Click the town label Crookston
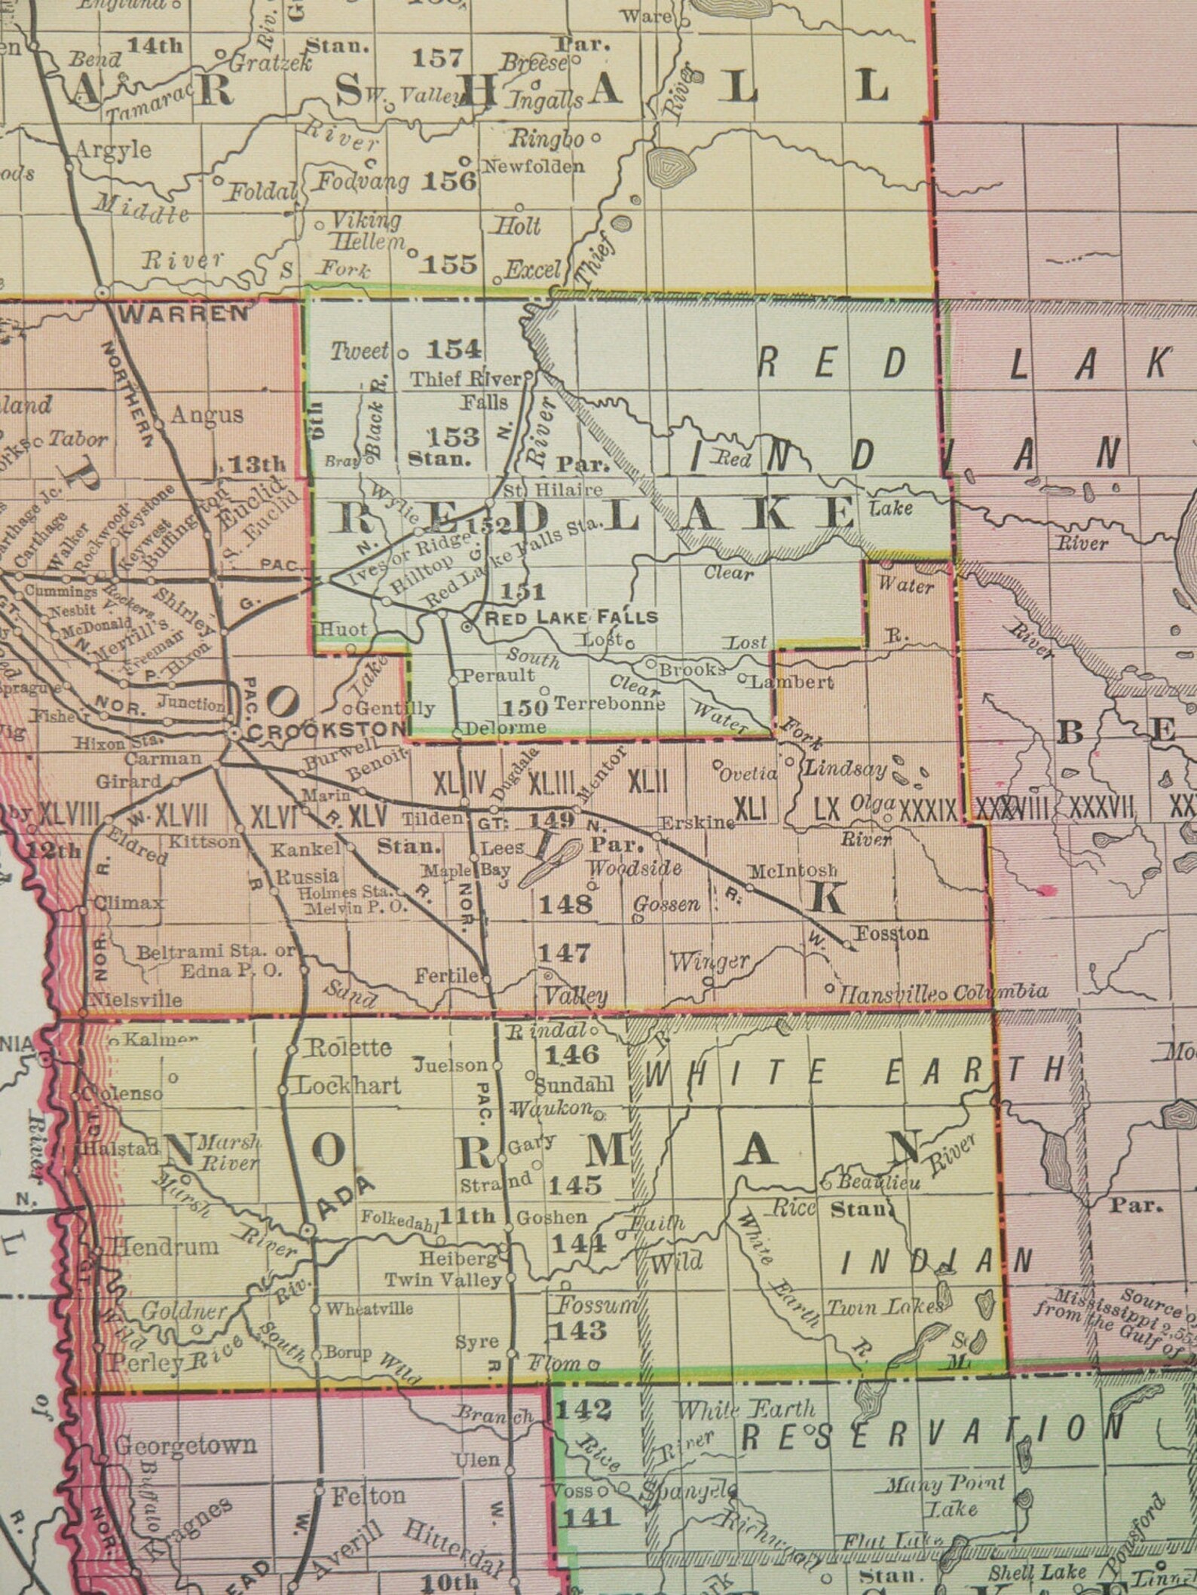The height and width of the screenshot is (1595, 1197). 326,729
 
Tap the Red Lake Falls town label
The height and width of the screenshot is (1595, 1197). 571,618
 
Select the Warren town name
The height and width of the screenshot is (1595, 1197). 183,313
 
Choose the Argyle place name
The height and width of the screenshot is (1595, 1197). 115,148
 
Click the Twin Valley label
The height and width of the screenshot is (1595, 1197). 443,1279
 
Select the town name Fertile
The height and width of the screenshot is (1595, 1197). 446,976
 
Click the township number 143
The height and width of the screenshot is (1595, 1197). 578,1331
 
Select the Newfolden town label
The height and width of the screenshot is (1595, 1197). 534,166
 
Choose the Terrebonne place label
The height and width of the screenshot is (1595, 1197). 610,704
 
